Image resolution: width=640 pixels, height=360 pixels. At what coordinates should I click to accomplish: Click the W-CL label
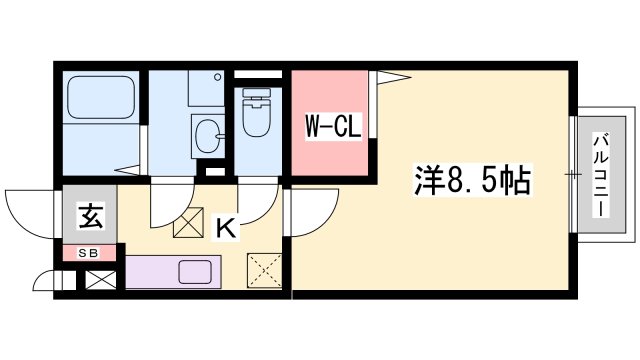point(327,126)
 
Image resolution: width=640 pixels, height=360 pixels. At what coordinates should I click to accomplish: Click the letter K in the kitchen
point(227,228)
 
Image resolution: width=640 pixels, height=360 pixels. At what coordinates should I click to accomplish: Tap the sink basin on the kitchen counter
point(194,272)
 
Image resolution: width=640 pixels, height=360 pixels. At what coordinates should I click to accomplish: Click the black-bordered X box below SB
point(99,279)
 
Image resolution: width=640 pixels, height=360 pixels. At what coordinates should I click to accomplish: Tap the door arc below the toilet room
point(255,205)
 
